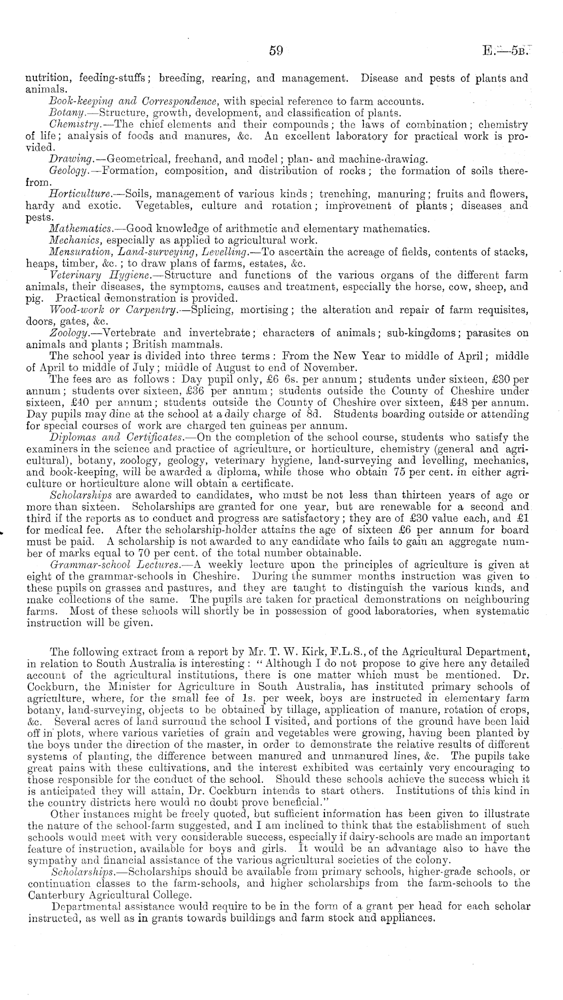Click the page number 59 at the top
(275, 51)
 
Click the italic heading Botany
(62, 113)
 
